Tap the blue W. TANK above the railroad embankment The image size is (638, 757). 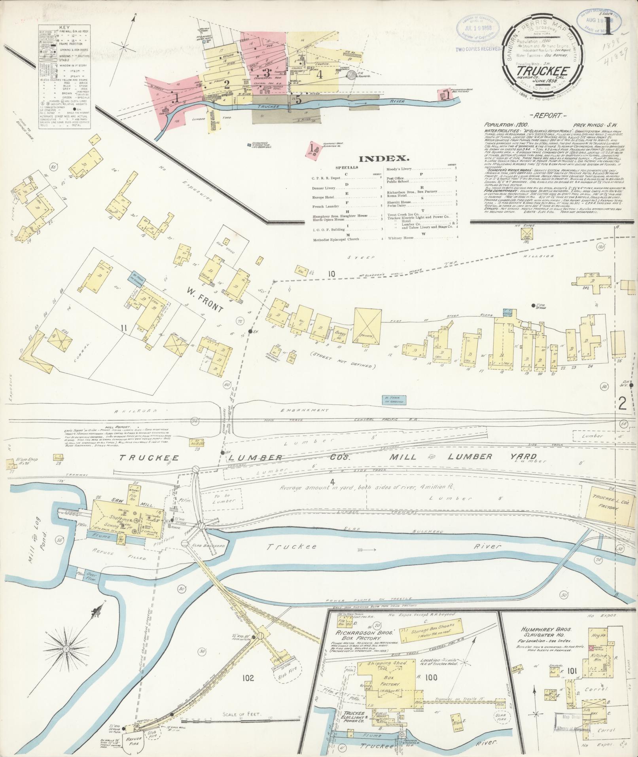click(394, 400)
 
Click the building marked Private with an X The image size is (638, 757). click(368, 326)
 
